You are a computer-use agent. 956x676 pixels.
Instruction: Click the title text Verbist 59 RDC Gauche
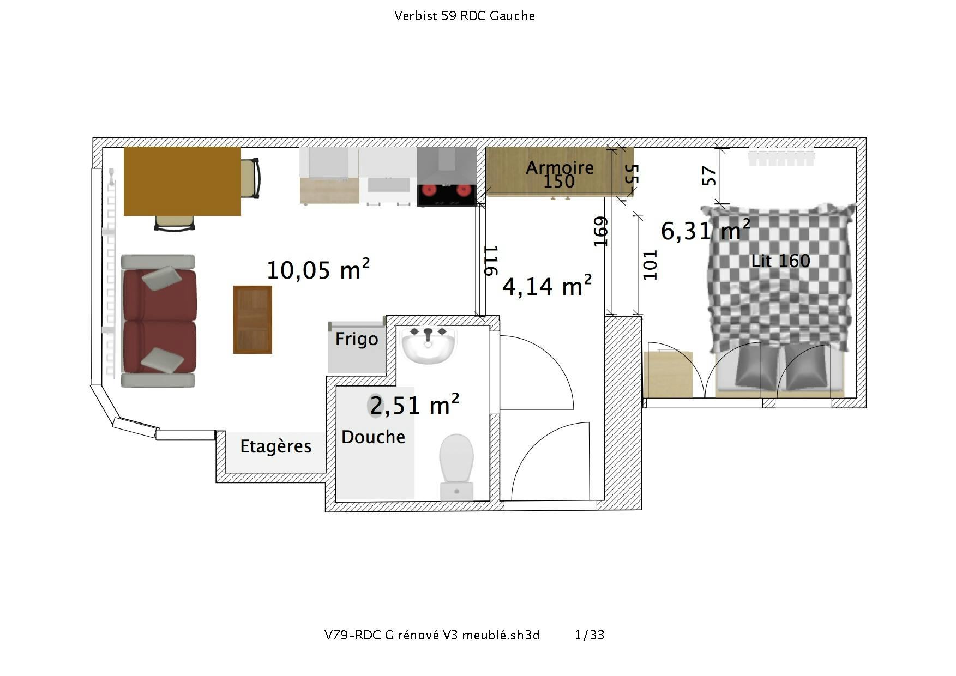point(464,16)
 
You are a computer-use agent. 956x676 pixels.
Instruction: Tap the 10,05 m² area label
point(318,270)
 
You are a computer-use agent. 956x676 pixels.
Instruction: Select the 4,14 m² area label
point(546,286)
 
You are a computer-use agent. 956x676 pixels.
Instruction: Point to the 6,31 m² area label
point(705,231)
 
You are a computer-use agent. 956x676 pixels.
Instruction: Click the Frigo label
point(357,339)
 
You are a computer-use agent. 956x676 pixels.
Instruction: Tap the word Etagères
point(276,446)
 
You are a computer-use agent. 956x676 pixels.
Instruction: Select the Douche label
point(373,437)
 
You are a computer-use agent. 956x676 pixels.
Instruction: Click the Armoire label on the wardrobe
point(560,167)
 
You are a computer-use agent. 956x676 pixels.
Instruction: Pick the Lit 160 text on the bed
point(780,261)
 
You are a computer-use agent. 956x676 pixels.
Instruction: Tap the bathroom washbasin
point(429,345)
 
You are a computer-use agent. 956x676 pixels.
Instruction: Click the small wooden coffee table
point(252,319)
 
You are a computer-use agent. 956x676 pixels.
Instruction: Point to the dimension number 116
point(491,261)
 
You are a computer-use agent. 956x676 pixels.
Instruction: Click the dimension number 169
point(600,231)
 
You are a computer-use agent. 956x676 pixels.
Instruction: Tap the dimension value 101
point(650,265)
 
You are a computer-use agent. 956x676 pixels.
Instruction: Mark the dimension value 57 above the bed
point(709,176)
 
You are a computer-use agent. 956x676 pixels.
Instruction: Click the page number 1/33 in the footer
point(590,635)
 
